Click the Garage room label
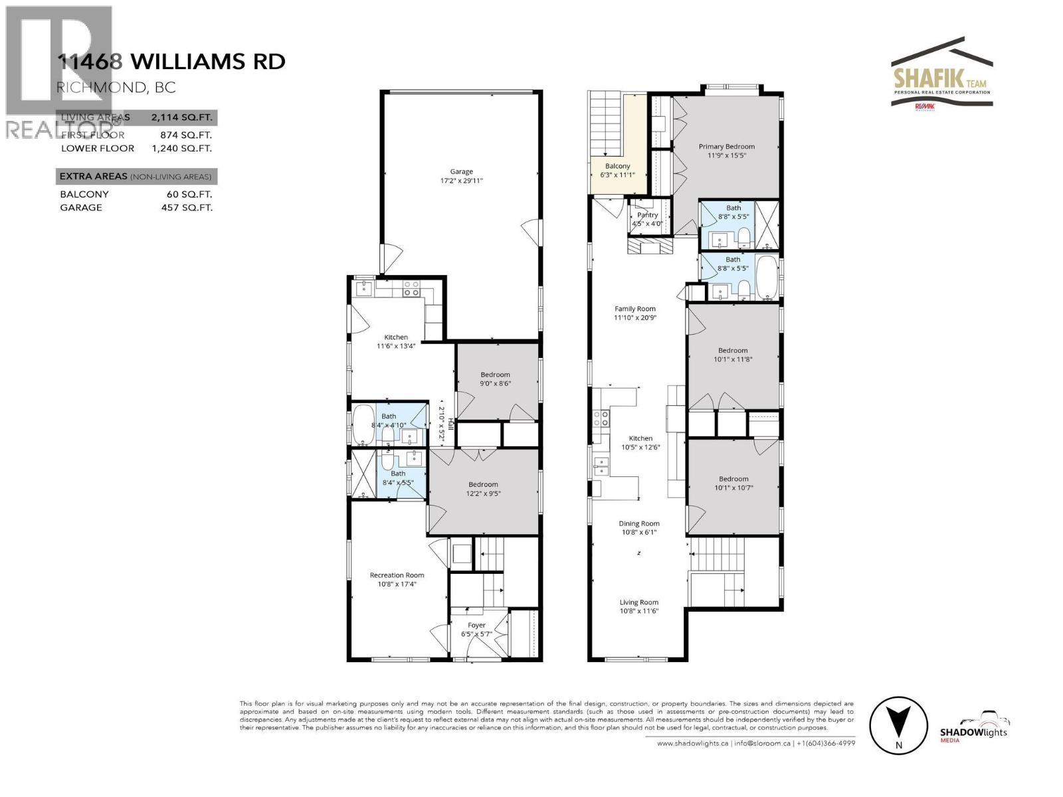tap(461, 171)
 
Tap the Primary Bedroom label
tap(726, 146)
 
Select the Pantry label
tap(647, 215)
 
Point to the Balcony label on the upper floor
tap(617, 166)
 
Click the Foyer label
tap(476, 625)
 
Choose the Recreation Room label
tap(397, 575)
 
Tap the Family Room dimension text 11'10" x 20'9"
tap(635, 317)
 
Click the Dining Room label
tap(639, 523)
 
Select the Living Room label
tap(639, 602)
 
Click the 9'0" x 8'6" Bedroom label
tap(495, 375)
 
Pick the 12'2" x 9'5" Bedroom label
tap(482, 484)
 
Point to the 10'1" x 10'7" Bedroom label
tap(733, 478)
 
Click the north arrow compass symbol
tap(899, 726)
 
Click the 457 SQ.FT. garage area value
tap(181, 207)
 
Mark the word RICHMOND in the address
tap(88, 87)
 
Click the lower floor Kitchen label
tap(396, 337)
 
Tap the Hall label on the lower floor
tap(450, 422)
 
